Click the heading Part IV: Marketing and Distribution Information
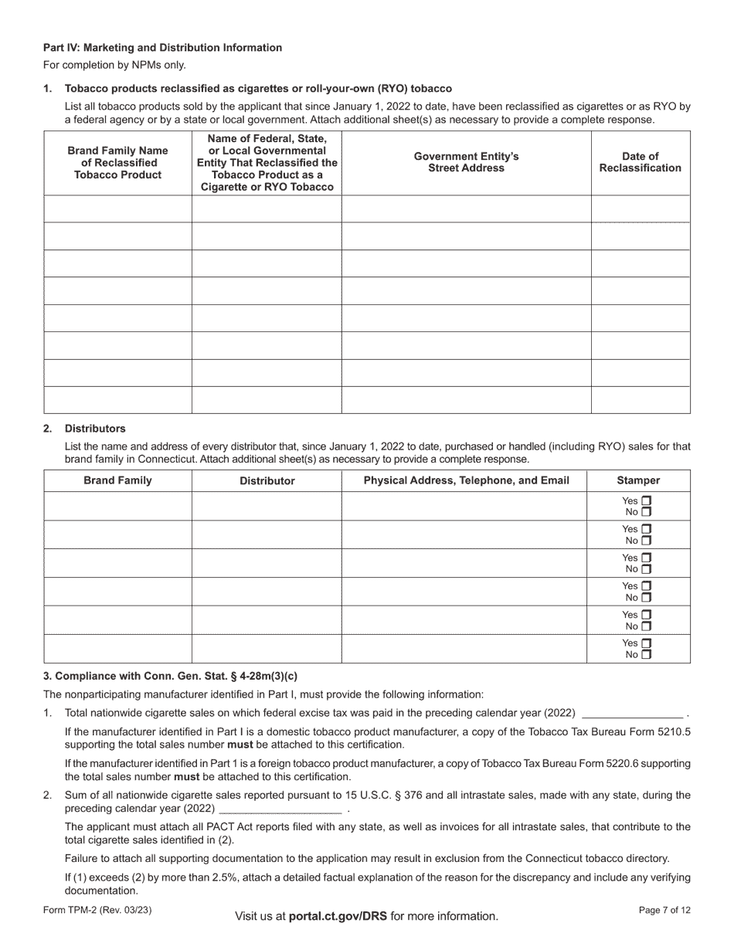coord(162,48)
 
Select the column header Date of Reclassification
coord(640,162)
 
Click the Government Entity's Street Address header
coord(466,162)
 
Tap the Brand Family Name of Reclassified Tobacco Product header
coord(117,162)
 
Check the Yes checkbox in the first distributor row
coord(647,500)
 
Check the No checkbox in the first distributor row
coord(647,512)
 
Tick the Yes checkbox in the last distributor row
coord(647,643)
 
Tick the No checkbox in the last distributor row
coord(647,654)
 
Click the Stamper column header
coord(638,480)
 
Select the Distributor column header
coord(267,480)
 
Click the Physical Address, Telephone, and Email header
coord(466,480)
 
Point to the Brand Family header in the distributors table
coord(117,480)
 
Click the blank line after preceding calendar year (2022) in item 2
coord(280,809)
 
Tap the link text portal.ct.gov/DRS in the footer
coord(338,916)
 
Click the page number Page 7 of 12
coord(664,911)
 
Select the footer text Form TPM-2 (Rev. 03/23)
coord(97,911)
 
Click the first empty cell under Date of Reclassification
coord(640,209)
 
